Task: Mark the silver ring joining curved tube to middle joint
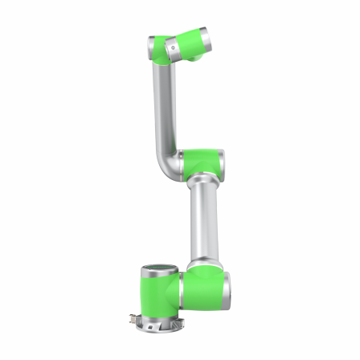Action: [182, 162]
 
